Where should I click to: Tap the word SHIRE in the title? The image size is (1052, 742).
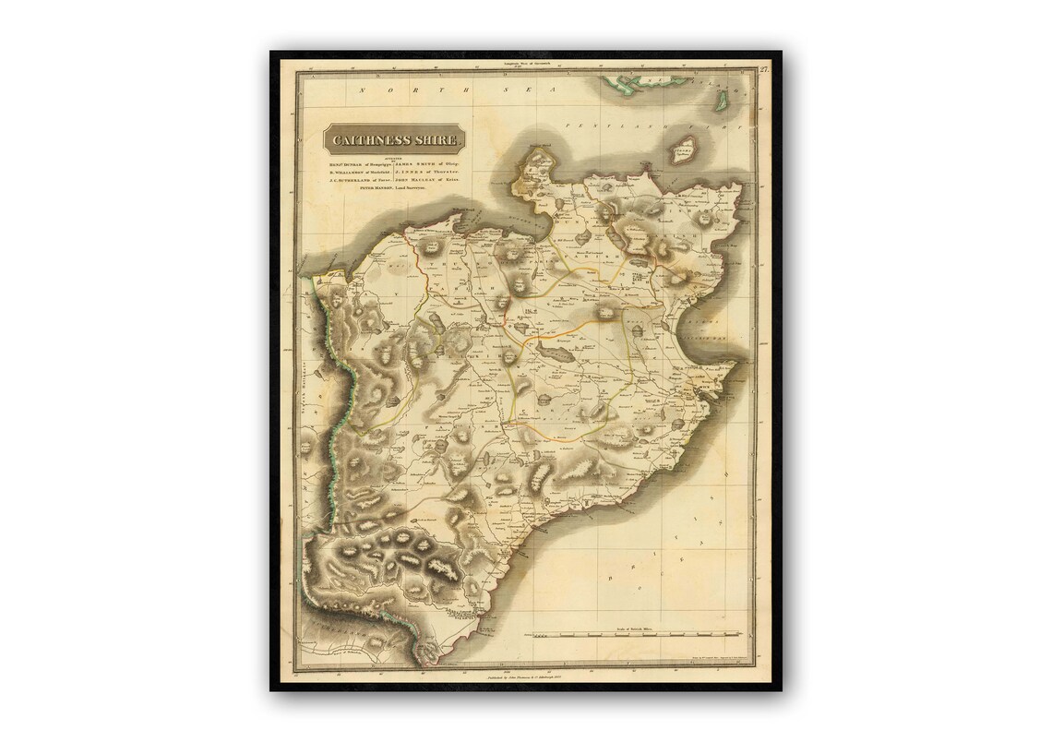coord(436,140)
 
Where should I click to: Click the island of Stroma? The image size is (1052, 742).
coord(683,150)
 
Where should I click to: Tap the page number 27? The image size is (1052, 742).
coord(764,69)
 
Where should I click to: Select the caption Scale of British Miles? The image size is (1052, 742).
coord(634,628)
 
